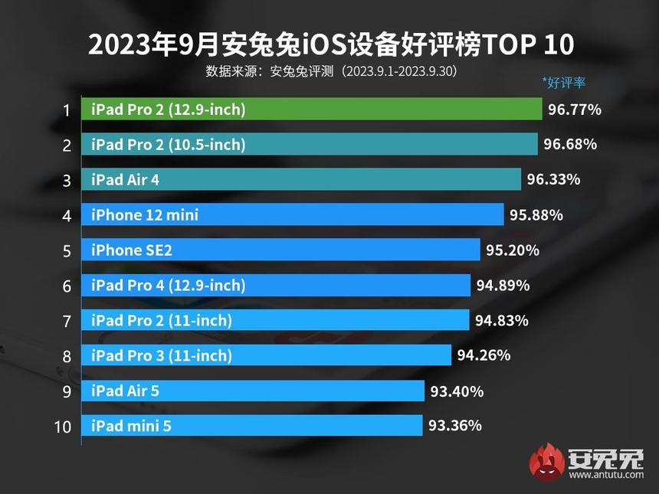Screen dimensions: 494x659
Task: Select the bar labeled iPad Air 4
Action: (x=301, y=180)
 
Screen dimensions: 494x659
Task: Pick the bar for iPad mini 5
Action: (x=252, y=425)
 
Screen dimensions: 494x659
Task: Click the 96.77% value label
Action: (x=575, y=110)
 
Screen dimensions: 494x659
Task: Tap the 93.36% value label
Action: (x=455, y=425)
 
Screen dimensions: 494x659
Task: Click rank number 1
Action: (x=67, y=110)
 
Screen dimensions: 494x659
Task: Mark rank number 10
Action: (x=63, y=426)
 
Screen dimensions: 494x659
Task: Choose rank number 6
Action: (x=67, y=286)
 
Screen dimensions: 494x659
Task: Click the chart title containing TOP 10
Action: (x=330, y=45)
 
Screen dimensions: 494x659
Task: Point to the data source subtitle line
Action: (x=332, y=71)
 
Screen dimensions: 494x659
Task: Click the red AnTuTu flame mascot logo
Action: (x=546, y=462)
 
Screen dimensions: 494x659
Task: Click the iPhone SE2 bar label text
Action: (x=127, y=250)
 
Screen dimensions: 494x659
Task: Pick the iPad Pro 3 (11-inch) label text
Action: (x=161, y=355)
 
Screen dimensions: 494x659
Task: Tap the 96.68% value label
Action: (x=570, y=145)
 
